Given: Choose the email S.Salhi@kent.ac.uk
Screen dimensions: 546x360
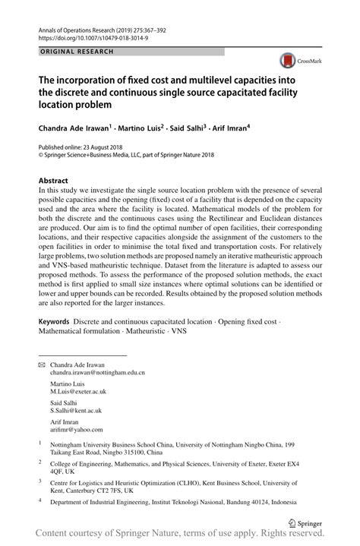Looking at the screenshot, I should (x=76, y=410).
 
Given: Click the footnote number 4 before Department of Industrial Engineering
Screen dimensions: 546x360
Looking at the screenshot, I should (x=40, y=500).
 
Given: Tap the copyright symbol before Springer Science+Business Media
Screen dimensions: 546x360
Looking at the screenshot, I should (x=41, y=153).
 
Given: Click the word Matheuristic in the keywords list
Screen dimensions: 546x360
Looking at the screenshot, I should (x=140, y=332).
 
